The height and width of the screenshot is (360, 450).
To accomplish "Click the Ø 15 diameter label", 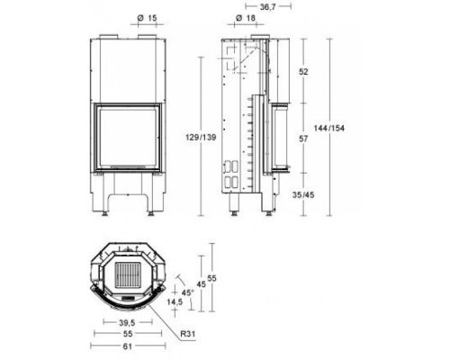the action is pos(147,18).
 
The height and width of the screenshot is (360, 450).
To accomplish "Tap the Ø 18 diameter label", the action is pos(246,18).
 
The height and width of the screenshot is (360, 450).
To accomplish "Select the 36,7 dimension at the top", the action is pos(267,7).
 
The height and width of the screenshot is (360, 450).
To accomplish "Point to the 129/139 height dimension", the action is pos(201,138).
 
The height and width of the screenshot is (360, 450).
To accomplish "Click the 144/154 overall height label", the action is pos(329,128).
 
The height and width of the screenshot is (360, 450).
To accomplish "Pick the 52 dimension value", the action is pos(303,72).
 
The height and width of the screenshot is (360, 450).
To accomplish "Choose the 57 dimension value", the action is pos(303,139).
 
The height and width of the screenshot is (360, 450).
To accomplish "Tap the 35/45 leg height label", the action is pos(303,195).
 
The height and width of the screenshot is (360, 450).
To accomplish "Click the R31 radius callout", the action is pos(188,334).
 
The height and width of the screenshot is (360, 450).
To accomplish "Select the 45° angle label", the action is pos(188,292).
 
